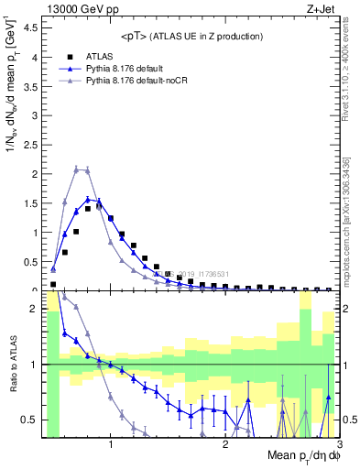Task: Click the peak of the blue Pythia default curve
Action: [88, 199]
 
